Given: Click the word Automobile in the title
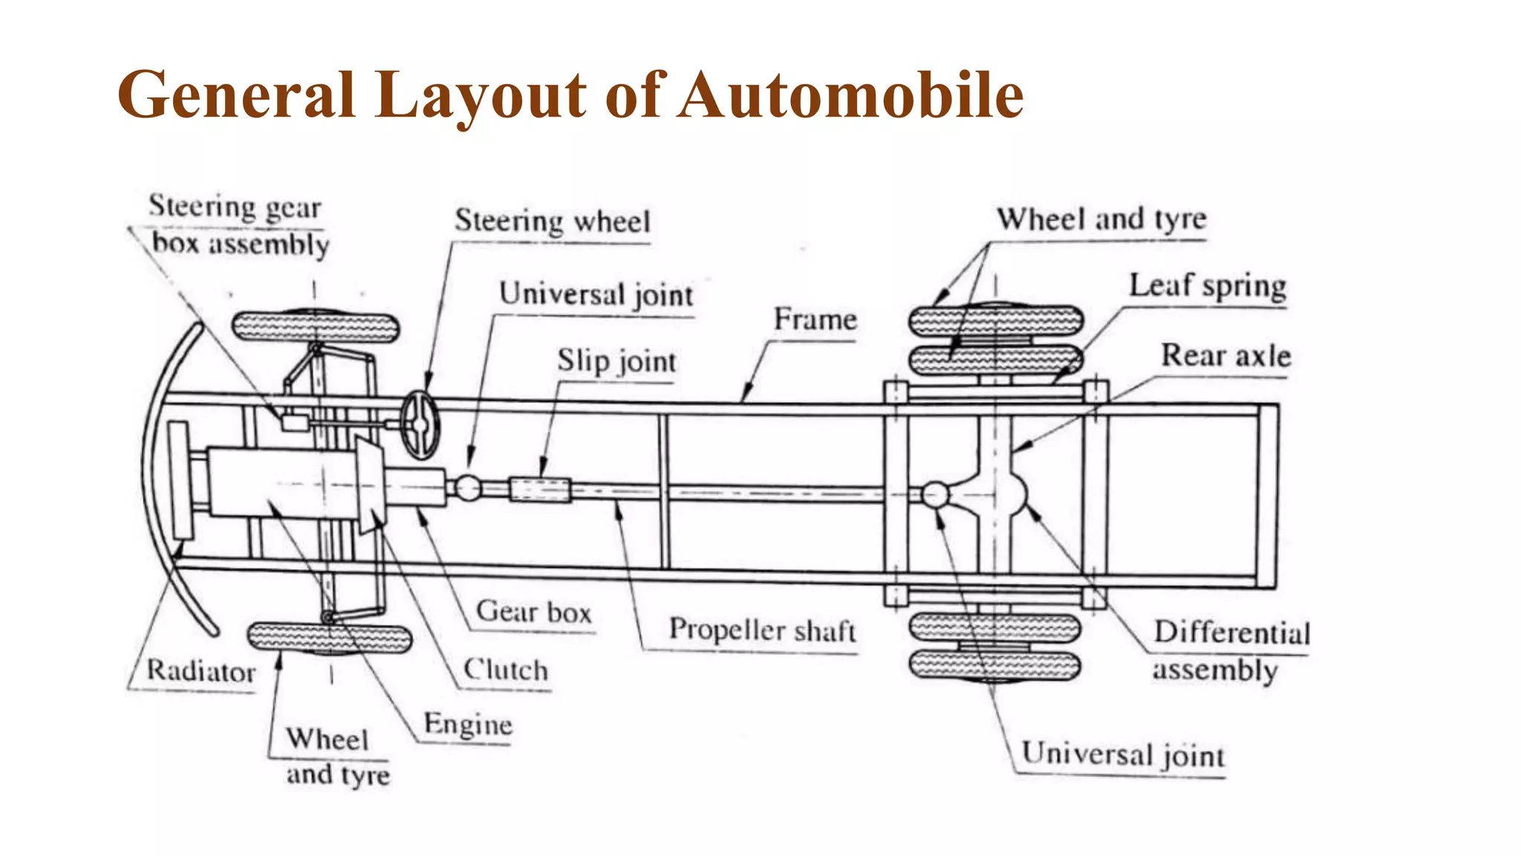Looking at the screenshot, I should coord(851,95).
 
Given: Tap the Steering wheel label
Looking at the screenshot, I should coord(552,221).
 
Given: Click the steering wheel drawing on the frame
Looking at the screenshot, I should coord(420,424).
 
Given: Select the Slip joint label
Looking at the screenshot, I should coord(616,361).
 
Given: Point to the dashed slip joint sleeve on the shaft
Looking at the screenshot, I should coord(540,490).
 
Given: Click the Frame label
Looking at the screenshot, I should coord(815,320).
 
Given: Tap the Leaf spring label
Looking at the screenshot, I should coord(1208,286).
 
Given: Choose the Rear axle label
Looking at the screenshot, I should coord(1225,355).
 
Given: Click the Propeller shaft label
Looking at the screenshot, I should coord(762,630).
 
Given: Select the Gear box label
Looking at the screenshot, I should coord(533,612).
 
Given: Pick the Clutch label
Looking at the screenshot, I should coord(506,669).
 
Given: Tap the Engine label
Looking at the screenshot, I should coord(468,724).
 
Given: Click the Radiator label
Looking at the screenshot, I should coord(201,671).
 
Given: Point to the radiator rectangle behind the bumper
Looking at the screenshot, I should coord(180,479).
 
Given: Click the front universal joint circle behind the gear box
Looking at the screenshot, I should coord(467,488).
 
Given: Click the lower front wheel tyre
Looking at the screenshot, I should coord(329,638).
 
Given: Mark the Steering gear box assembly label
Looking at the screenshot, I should coord(238,225).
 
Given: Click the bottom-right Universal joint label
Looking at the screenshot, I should coord(1122,755).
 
